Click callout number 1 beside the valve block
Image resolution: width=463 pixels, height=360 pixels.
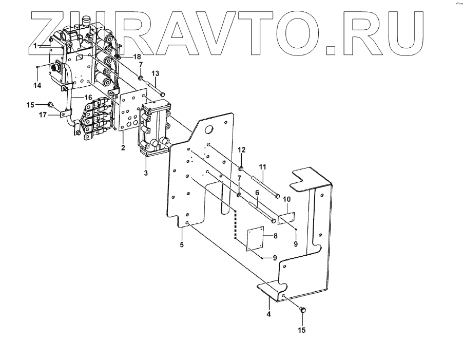pyautogui.click(x=35, y=46)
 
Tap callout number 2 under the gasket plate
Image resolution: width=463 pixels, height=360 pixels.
pyautogui.click(x=123, y=148)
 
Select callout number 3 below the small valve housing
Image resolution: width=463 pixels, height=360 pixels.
pyautogui.click(x=146, y=173)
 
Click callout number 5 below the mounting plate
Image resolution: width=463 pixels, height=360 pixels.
pyautogui.click(x=182, y=244)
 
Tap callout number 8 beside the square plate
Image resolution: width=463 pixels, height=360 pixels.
pyautogui.click(x=275, y=236)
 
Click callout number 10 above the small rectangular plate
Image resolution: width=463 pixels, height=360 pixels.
pyautogui.click(x=287, y=199)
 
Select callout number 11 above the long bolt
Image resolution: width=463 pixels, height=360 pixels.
pyautogui.click(x=262, y=167)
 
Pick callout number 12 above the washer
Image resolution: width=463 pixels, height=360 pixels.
pyautogui.click(x=242, y=149)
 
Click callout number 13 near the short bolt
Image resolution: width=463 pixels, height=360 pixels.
pyautogui.click(x=156, y=73)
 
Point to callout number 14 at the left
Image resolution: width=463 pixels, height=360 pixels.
pyautogui.click(x=37, y=84)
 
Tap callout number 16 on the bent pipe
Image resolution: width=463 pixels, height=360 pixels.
pyautogui.click(x=88, y=97)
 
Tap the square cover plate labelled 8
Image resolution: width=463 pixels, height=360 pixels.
pyautogui.click(x=255, y=239)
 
